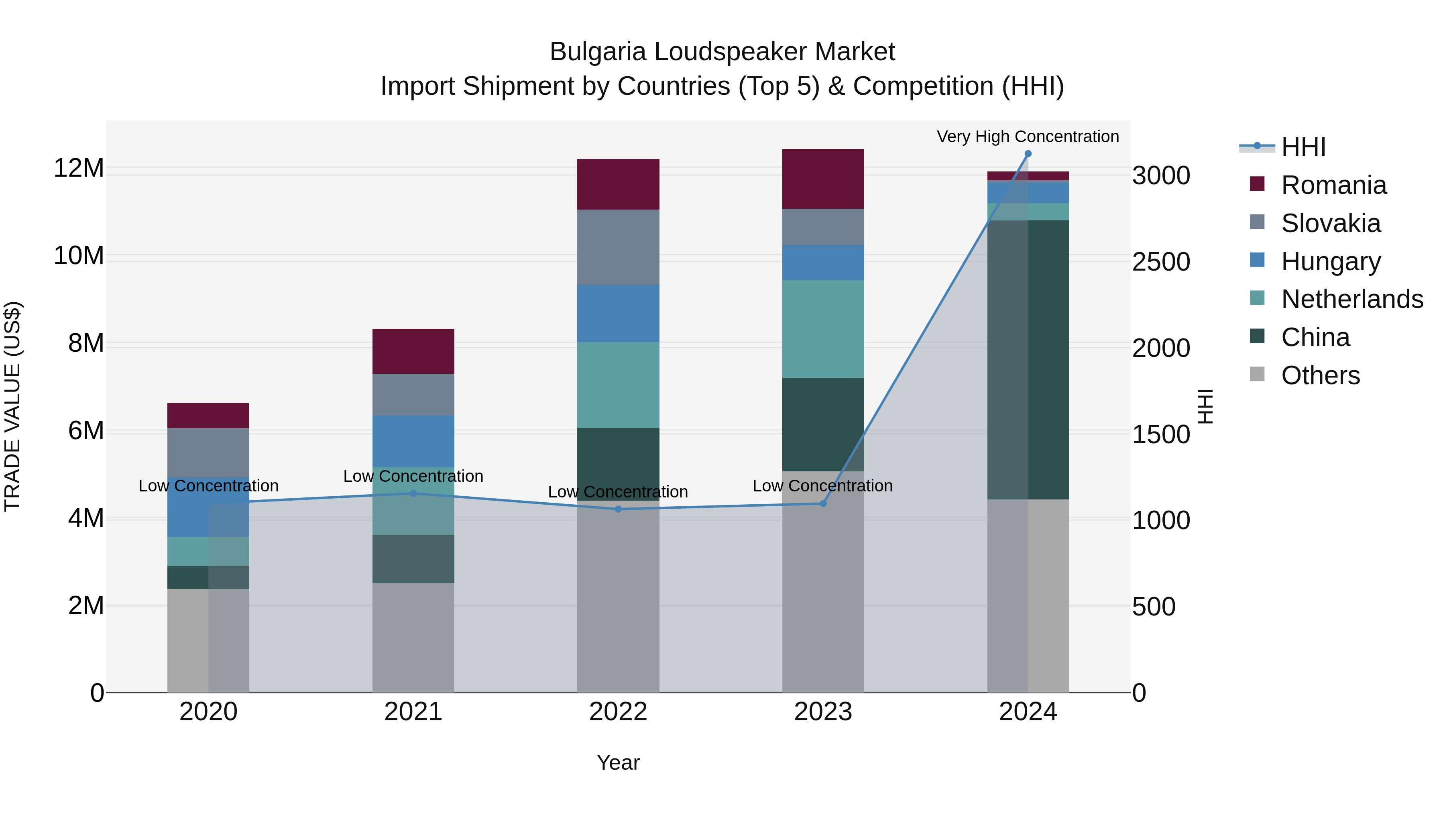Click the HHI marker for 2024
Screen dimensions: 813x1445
[x=1028, y=154]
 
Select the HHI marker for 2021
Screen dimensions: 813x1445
[x=413, y=493]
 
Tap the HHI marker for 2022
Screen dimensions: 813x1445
[x=618, y=509]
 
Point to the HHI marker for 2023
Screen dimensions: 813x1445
[x=823, y=503]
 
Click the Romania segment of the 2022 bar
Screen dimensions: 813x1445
[x=618, y=184]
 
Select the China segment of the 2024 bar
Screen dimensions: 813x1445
[x=1028, y=359]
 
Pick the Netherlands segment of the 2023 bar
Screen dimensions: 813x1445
[x=823, y=329]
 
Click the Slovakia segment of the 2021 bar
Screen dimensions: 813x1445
[x=413, y=394]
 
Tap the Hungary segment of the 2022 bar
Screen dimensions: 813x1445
[x=618, y=313]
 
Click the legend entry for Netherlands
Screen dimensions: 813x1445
[x=1352, y=299]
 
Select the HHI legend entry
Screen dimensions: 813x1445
[x=1303, y=147]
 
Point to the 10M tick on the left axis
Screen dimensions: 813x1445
[x=79, y=256]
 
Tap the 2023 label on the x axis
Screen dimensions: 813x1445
[x=823, y=712]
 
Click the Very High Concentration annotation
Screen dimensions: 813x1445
[x=1028, y=137]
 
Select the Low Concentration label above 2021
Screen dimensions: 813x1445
[x=413, y=476]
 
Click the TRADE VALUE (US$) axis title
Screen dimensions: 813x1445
[x=12, y=406]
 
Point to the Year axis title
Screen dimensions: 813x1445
[x=618, y=762]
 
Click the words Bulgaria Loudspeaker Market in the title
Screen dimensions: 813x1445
[x=722, y=52]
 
